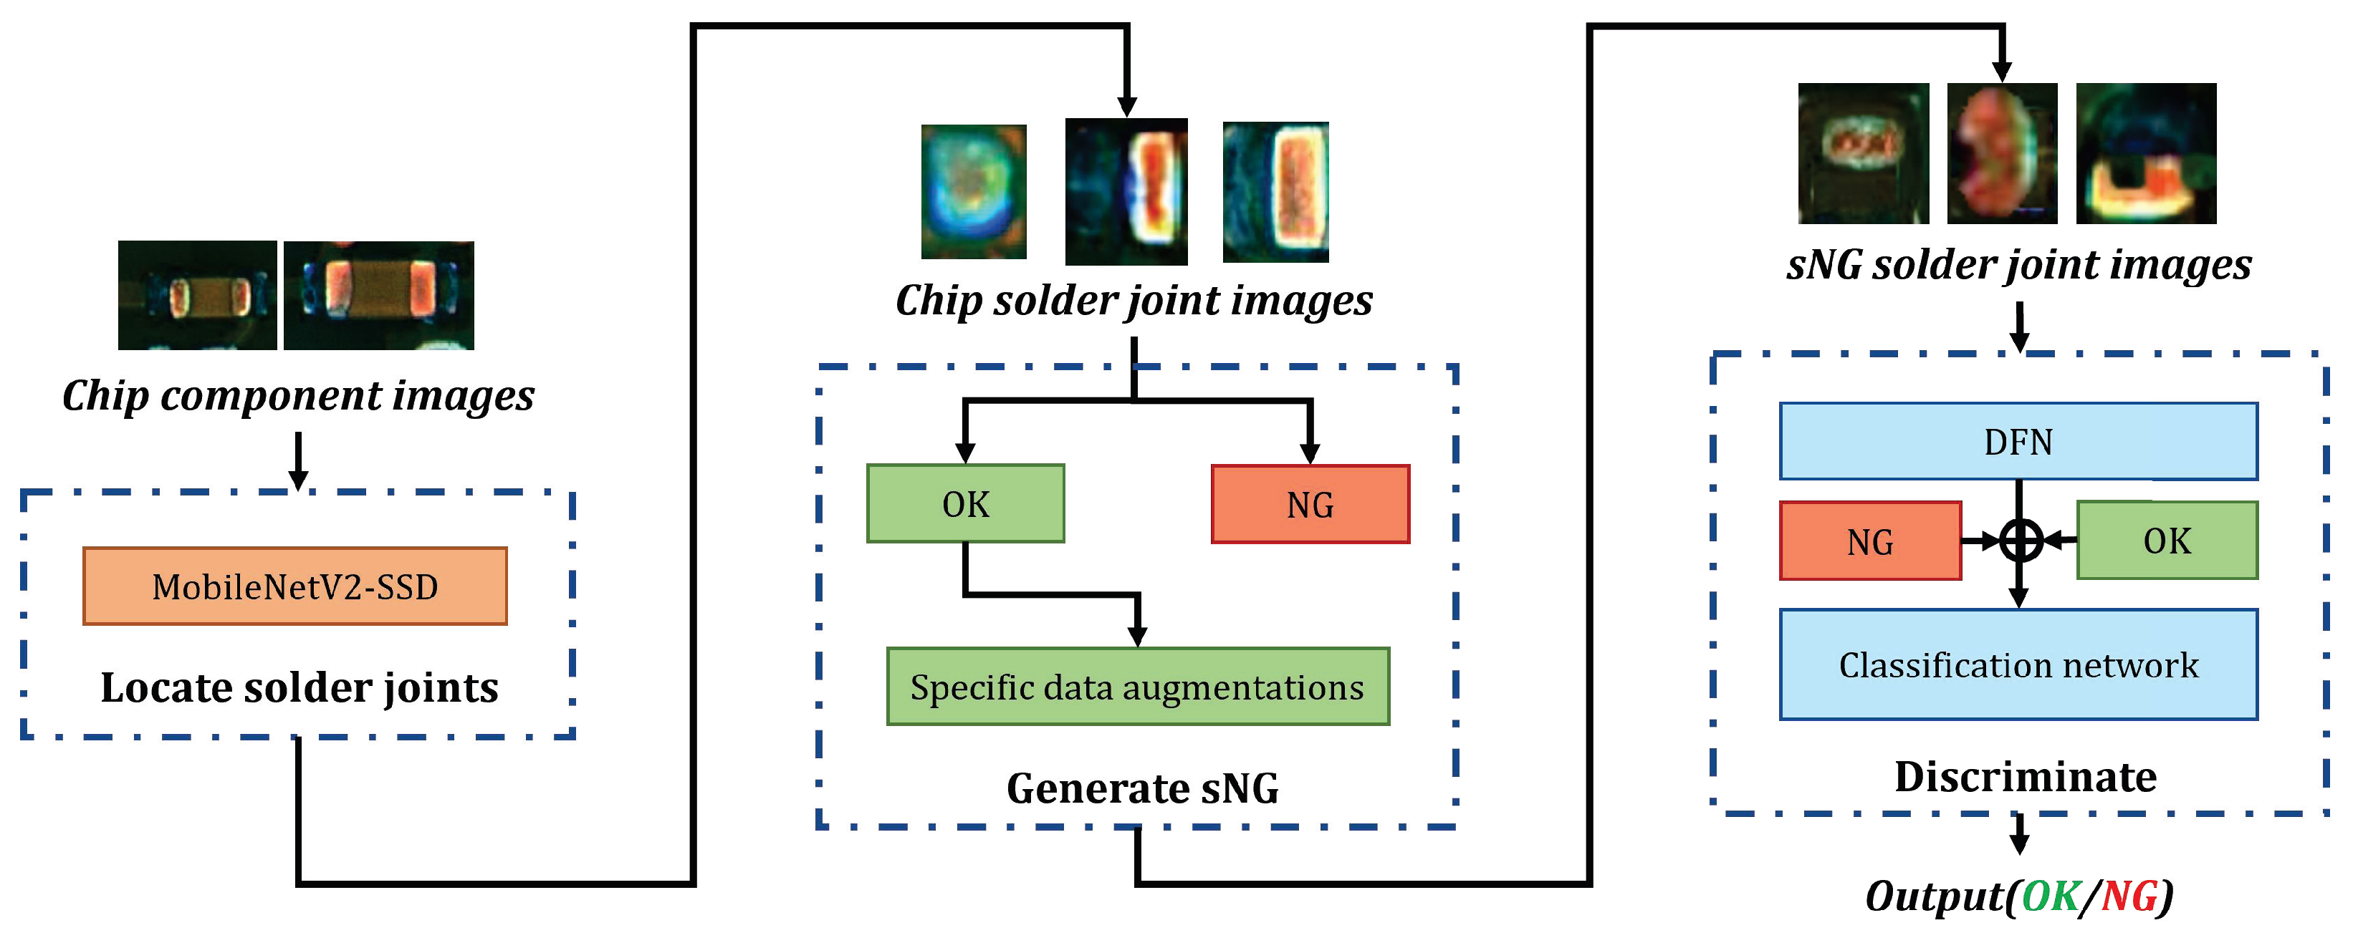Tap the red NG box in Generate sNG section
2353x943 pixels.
1309,505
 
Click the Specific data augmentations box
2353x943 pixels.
1137,687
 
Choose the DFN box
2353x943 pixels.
2018,442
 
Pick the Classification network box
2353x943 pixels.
2018,664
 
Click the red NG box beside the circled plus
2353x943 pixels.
1869,541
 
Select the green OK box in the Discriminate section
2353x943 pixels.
2166,541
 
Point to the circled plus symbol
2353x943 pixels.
2020,541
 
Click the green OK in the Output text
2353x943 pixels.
2050,896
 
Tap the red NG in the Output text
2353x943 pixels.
2128,896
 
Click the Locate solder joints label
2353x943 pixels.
299,687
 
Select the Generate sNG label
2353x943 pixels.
1142,788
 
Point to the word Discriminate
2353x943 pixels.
2025,777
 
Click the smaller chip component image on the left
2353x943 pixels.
197,295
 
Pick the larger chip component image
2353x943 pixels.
378,295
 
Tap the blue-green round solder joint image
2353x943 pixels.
973,192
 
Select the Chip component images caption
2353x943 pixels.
298,395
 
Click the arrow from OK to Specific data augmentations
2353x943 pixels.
1050,595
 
